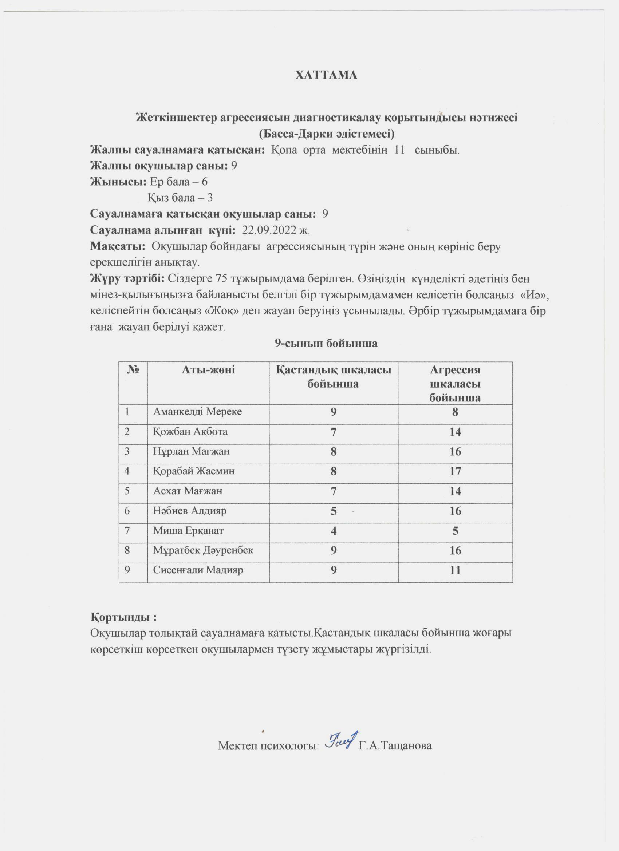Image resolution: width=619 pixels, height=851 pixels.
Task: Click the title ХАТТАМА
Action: coord(326,75)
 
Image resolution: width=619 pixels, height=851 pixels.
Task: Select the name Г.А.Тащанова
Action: coord(395,745)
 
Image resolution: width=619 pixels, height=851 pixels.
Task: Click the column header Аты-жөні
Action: coord(208,370)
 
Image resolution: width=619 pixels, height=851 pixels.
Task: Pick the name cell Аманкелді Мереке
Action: coord(197,412)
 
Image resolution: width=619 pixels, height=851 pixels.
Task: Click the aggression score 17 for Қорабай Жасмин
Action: coord(455,471)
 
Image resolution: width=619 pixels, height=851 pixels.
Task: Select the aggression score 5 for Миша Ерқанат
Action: coord(455,531)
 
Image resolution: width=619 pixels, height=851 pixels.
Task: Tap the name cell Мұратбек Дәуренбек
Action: coord(203,550)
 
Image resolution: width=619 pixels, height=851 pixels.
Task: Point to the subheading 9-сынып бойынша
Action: coord(326,343)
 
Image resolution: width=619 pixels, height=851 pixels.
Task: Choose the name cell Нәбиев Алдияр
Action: coord(190,511)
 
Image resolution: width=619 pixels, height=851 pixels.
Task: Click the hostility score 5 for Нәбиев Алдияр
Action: coord(333,511)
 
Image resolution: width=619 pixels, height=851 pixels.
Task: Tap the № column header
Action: coord(133,370)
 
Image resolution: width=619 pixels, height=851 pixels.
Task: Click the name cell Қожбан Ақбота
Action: coord(190,431)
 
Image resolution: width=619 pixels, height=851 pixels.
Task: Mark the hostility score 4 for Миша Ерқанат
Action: coord(333,531)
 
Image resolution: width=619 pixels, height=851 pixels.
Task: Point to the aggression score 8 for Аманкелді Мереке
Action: coord(455,412)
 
